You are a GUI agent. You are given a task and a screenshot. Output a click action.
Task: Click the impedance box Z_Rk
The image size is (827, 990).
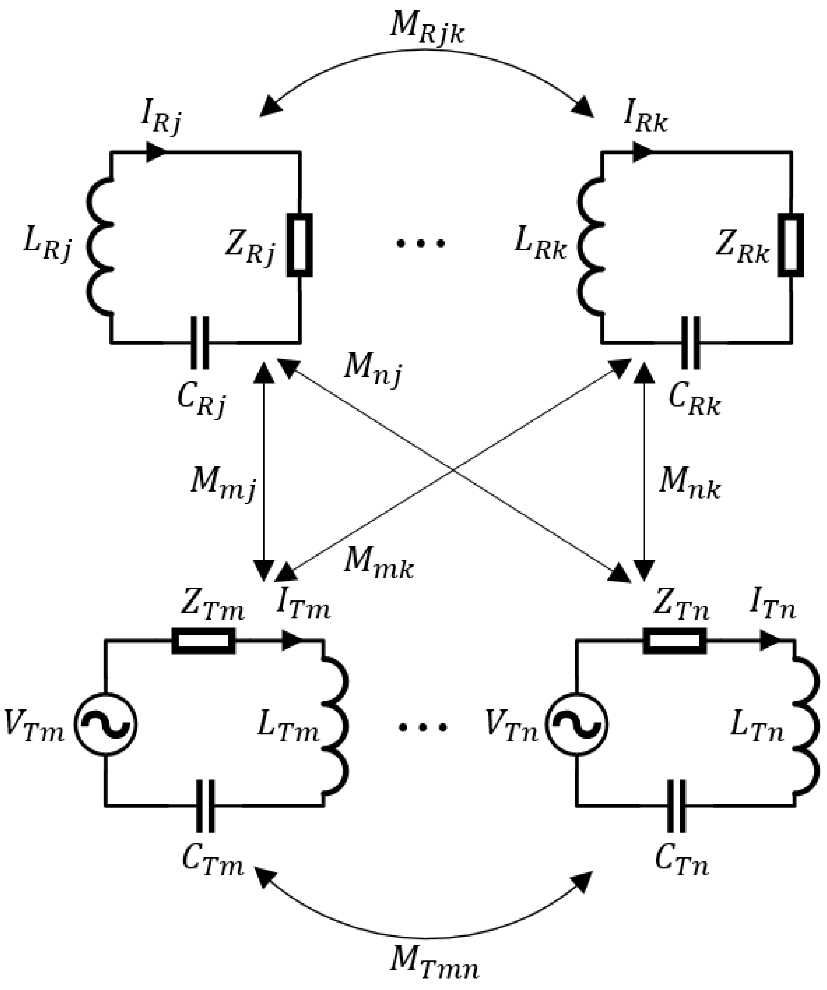pyautogui.click(x=791, y=245)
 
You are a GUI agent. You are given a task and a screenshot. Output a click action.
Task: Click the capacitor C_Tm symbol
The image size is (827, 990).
pyautogui.click(x=205, y=807)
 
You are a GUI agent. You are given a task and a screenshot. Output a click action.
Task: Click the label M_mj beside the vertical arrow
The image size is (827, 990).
pyautogui.click(x=222, y=486)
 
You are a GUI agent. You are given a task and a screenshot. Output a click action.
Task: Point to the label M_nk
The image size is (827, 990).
pyautogui.click(x=689, y=483)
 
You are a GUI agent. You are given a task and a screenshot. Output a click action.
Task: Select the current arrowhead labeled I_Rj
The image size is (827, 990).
pyautogui.click(x=155, y=152)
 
